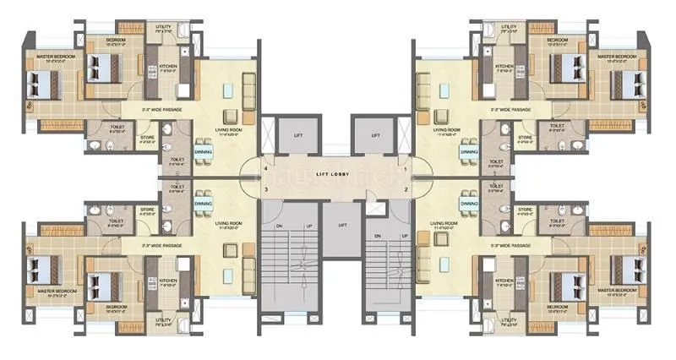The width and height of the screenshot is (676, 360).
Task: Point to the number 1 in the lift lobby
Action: tap(406, 170)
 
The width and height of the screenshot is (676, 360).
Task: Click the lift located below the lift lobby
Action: tap(341, 226)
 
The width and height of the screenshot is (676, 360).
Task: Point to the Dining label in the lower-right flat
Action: tap(468, 205)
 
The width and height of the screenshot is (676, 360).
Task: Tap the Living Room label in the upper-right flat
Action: tap(449, 129)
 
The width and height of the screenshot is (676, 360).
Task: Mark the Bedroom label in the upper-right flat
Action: tap(557, 40)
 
